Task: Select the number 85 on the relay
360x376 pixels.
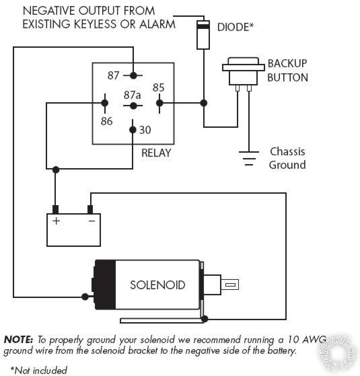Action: tap(158, 87)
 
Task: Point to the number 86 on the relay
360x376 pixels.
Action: tap(106, 121)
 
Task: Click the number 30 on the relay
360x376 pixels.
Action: tap(145, 130)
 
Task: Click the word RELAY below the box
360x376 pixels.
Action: tap(156, 153)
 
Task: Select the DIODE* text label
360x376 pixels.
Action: tap(235, 28)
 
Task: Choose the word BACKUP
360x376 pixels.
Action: tap(287, 63)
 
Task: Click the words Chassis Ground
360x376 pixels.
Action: tap(287, 158)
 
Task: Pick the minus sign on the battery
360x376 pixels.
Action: tap(91, 221)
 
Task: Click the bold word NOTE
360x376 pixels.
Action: tap(19, 340)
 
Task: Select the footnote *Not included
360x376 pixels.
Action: tap(39, 369)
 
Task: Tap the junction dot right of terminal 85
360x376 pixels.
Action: tap(204, 103)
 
